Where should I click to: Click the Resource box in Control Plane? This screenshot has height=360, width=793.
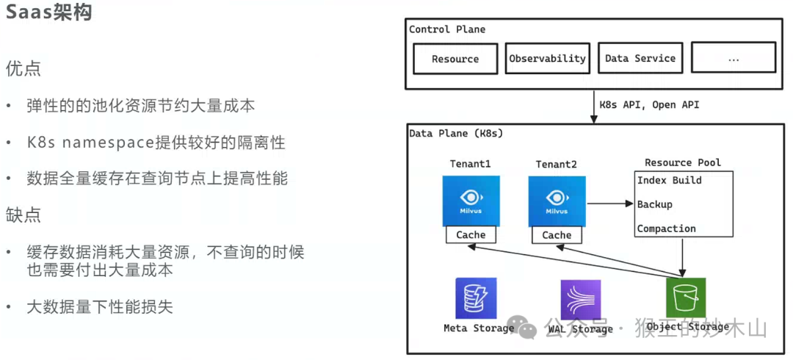click(x=455, y=59)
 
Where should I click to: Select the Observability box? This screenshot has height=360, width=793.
click(x=547, y=58)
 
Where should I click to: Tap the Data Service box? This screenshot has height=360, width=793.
click(x=640, y=58)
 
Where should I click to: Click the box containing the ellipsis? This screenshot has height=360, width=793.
click(x=734, y=58)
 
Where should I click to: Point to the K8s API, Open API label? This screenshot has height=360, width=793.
click(x=649, y=105)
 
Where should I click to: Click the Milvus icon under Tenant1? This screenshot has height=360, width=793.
click(x=471, y=201)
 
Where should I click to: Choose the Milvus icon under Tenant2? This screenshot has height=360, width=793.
click(x=557, y=201)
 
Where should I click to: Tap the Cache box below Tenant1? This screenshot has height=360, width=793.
click(x=471, y=235)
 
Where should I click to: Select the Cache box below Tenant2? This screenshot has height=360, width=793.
click(x=557, y=235)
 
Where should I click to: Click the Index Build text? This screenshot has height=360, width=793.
click(x=669, y=180)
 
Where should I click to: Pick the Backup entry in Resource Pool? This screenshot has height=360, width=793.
click(x=654, y=204)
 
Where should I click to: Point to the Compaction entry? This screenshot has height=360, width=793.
click(x=666, y=228)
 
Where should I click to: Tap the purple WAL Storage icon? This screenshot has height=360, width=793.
click(x=580, y=300)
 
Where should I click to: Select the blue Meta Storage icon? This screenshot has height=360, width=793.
click(x=476, y=298)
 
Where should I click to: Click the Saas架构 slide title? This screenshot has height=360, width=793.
click(x=49, y=13)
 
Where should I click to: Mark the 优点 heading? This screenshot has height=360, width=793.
click(x=23, y=68)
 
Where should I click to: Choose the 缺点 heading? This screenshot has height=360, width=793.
click(x=23, y=215)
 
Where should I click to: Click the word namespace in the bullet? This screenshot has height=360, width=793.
click(x=107, y=143)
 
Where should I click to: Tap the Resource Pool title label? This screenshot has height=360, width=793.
click(x=683, y=162)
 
